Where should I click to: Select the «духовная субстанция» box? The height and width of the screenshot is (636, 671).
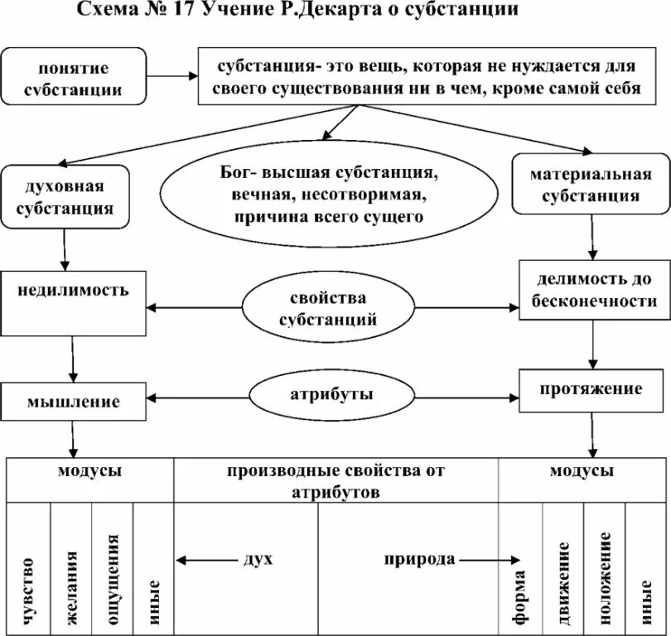click(65, 195)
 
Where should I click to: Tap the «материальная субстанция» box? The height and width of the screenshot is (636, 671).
click(591, 184)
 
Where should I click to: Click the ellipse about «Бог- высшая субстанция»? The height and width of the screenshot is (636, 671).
click(328, 195)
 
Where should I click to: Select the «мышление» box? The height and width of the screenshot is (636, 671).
click(74, 402)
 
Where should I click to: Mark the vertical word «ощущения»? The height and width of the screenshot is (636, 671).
click(113, 578)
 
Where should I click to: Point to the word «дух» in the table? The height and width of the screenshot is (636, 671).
click(258, 560)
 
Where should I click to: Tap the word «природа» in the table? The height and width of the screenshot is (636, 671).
click(419, 560)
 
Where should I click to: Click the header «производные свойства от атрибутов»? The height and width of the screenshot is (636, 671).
click(335, 481)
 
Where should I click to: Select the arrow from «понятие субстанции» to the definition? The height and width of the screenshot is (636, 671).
click(172, 75)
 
